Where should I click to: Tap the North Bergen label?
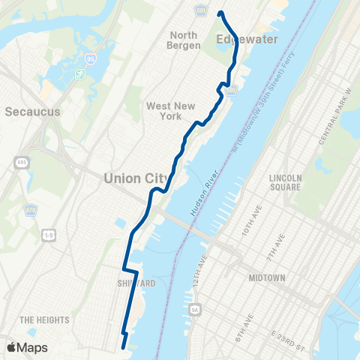click(x=184, y=40)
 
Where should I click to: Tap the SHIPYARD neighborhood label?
click(x=136, y=283)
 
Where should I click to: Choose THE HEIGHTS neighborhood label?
click(x=44, y=320)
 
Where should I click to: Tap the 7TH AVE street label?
click(x=275, y=247)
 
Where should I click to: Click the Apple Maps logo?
click(x=26, y=347)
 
